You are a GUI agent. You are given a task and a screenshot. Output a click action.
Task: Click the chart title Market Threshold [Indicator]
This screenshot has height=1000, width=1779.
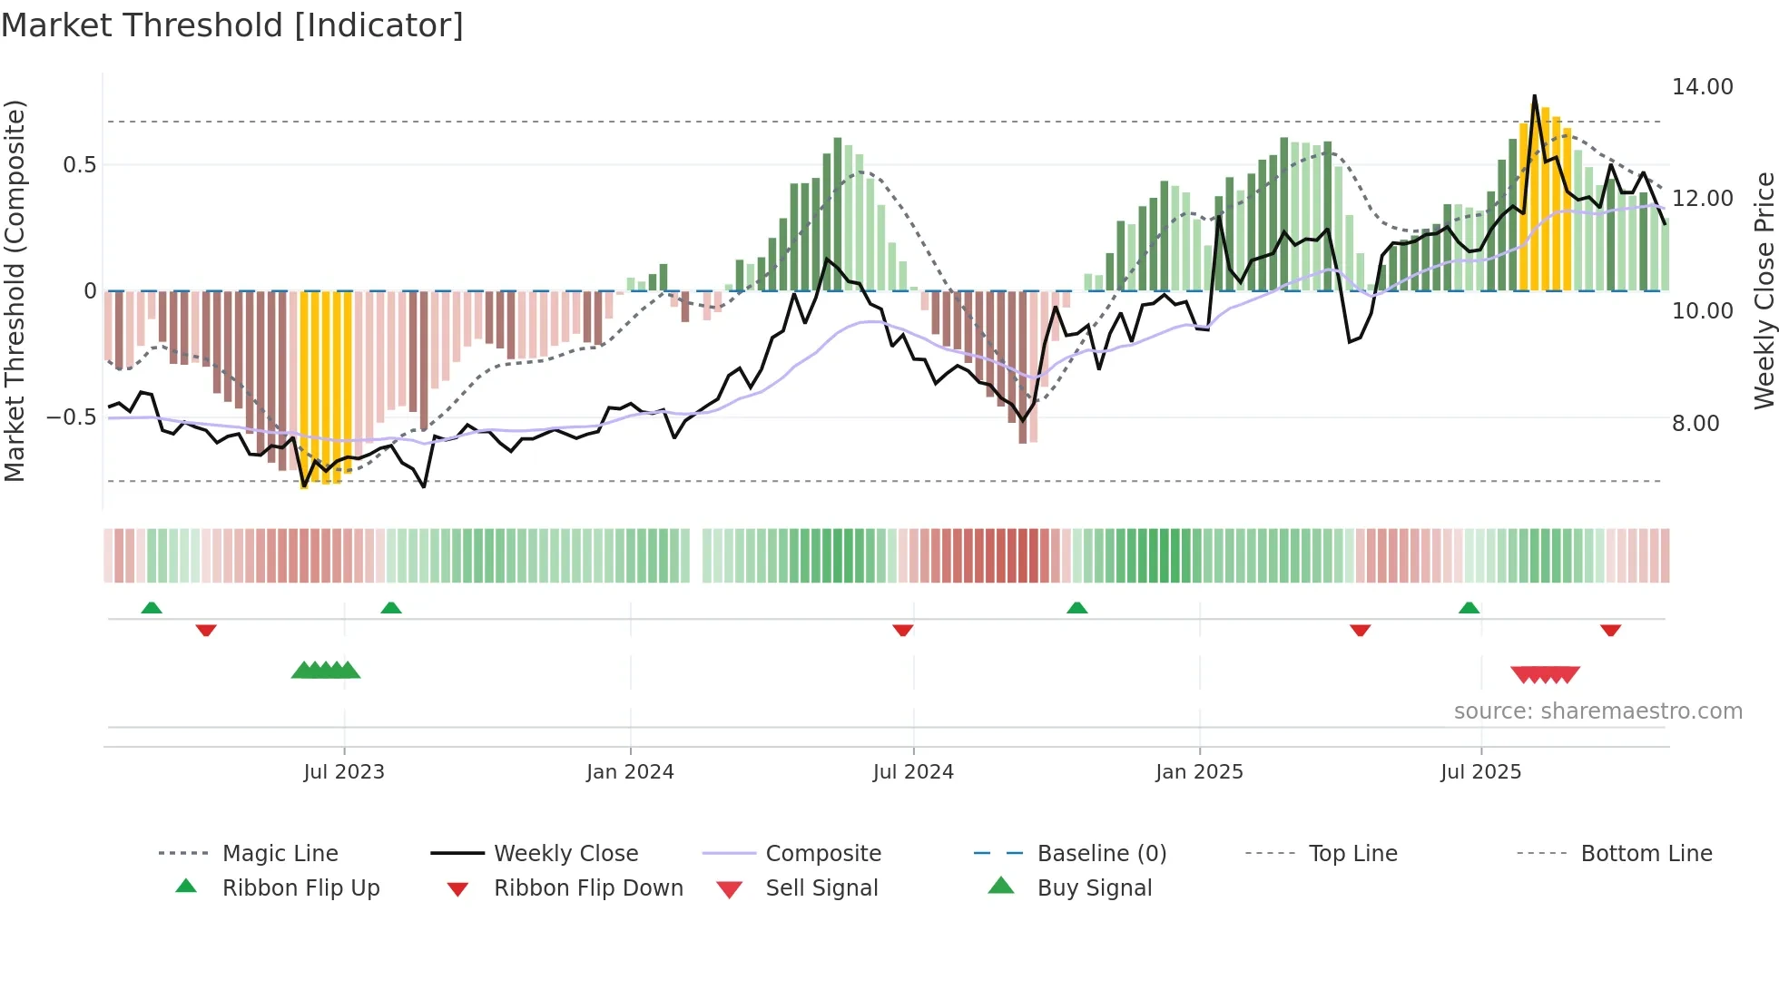pos(232,25)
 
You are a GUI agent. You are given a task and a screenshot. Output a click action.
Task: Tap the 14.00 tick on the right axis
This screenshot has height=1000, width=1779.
pos(1702,87)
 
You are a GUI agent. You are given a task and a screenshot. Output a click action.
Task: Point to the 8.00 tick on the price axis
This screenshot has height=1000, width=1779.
pos(1695,424)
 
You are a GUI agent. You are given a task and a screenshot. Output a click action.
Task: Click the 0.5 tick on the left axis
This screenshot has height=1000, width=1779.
pos(79,165)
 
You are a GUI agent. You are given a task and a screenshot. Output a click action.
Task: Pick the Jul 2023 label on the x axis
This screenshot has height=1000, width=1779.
pos(344,772)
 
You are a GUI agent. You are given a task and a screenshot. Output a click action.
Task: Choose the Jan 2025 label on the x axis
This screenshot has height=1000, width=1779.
pos(1199,772)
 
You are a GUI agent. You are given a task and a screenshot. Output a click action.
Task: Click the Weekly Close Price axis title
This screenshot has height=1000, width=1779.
pos(1764,290)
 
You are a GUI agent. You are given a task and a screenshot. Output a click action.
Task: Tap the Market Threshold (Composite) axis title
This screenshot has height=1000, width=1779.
pos(15,290)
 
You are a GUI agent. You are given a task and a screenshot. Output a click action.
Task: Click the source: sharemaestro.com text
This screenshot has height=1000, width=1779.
pos(1597,711)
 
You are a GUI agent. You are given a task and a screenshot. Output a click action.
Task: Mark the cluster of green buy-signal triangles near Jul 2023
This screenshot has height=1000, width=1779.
pos(326,671)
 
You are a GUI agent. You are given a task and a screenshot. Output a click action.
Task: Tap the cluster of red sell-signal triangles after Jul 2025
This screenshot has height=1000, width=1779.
pos(1545,674)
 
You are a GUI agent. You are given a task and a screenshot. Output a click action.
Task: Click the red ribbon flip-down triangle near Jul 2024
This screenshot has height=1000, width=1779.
pos(902,630)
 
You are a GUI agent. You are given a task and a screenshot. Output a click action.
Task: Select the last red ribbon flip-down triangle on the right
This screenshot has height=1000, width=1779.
pos(1610,630)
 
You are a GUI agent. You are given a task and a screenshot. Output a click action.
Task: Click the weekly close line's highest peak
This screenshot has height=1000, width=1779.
pos(1535,96)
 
